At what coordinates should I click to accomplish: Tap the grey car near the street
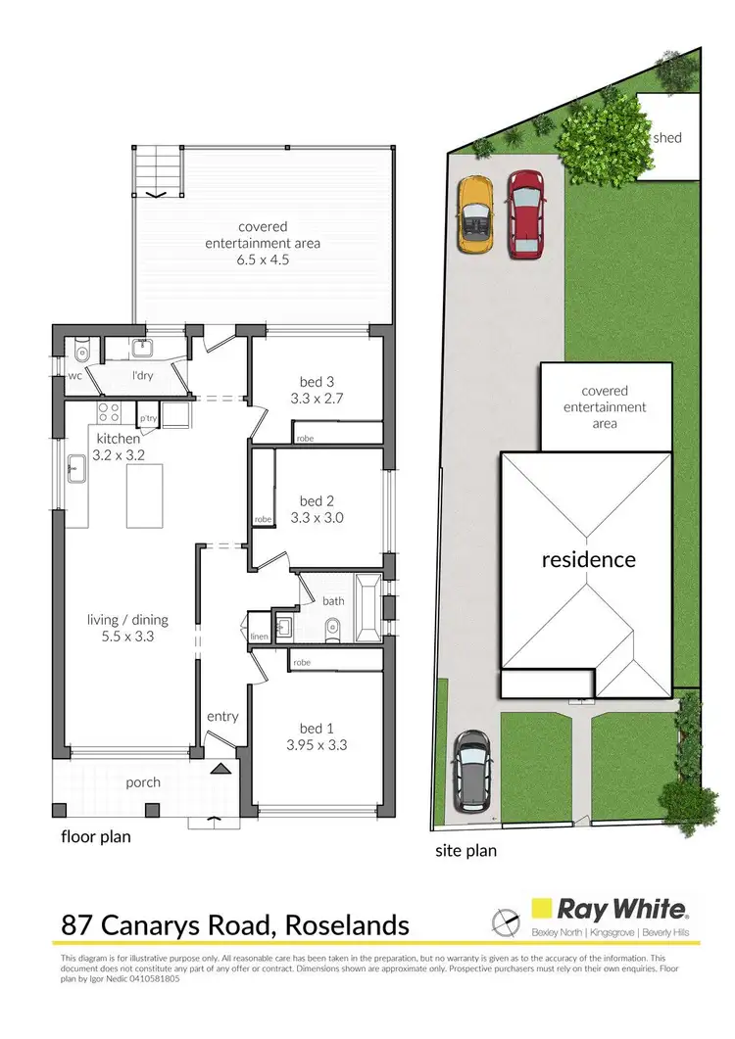[x=471, y=771]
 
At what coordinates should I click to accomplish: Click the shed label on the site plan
[x=666, y=138]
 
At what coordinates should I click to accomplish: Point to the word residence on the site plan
[x=588, y=560]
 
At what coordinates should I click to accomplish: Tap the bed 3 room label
[x=316, y=381]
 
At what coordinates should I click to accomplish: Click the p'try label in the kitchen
[x=148, y=418]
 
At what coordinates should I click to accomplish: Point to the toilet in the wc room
[x=81, y=352]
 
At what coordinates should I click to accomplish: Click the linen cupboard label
[x=259, y=638]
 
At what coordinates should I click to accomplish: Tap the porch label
[x=143, y=782]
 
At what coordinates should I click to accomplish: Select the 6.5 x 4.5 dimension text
[x=265, y=260]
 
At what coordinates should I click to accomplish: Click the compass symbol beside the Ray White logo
[x=505, y=921]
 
